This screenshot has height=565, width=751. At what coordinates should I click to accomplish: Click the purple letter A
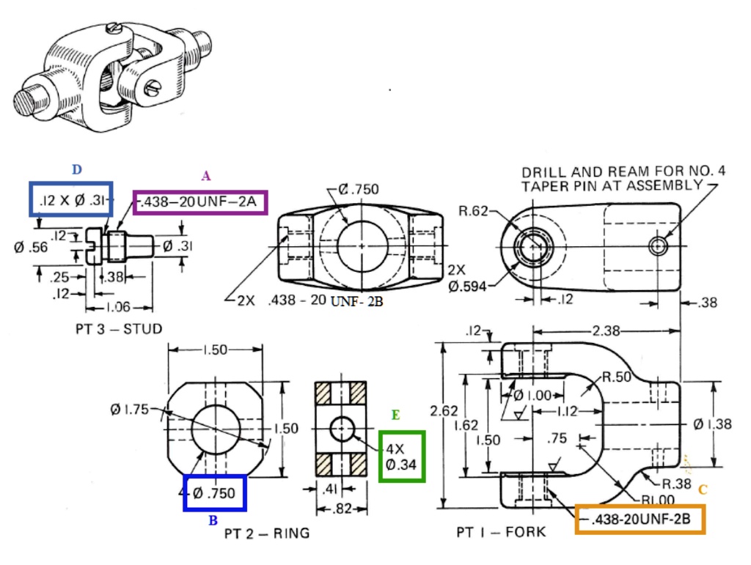(x=206, y=175)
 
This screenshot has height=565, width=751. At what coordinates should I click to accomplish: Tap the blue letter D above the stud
(x=76, y=169)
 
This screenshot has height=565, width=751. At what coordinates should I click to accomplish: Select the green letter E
(x=395, y=416)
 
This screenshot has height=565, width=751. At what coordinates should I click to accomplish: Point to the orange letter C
(x=702, y=490)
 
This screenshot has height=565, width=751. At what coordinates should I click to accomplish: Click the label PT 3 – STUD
(x=118, y=328)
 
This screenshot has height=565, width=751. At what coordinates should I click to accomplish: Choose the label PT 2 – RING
(x=267, y=533)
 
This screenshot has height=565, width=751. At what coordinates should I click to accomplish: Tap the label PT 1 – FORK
(x=501, y=531)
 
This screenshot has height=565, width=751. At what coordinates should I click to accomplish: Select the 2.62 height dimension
(x=444, y=411)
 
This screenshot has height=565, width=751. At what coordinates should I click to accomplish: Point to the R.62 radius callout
(x=473, y=211)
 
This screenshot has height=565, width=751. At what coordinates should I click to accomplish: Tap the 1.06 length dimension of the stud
(x=119, y=307)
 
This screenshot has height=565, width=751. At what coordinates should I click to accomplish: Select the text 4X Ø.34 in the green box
(x=401, y=456)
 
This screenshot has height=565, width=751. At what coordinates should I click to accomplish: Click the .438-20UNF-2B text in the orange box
(x=640, y=519)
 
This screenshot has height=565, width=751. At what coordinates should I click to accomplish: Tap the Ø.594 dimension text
(x=468, y=286)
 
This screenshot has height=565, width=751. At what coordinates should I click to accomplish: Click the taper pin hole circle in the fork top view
(x=658, y=246)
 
